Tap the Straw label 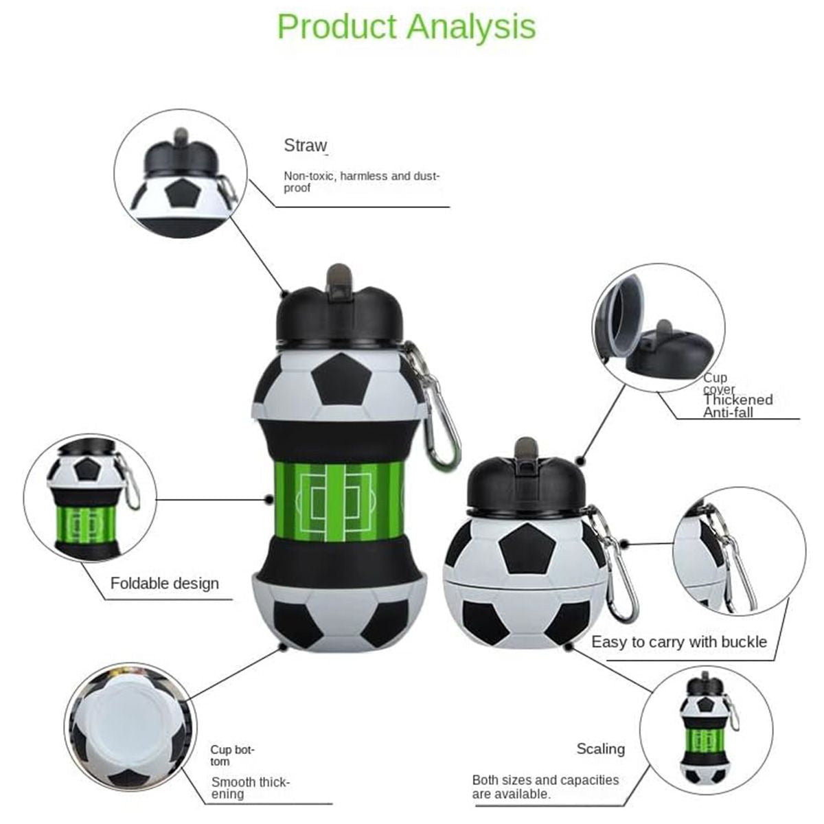click(305, 146)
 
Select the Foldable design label click(165, 584)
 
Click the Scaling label click(601, 748)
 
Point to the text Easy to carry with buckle click(679, 642)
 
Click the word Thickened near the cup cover click(737, 400)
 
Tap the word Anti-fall click(728, 413)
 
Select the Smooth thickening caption click(251, 788)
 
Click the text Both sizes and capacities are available click(545, 787)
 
